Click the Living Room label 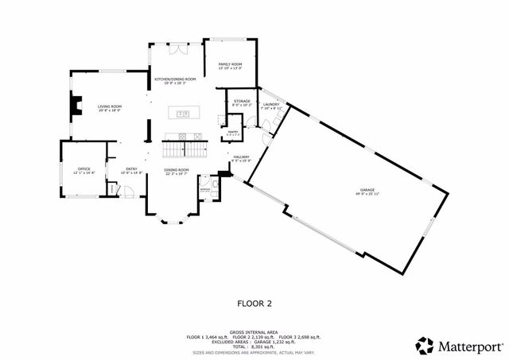click(x=110, y=107)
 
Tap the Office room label click(x=84, y=170)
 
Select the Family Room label click(x=231, y=65)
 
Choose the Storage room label click(x=242, y=103)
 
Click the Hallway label click(x=242, y=158)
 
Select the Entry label click(x=131, y=170)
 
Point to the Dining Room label click(x=177, y=171)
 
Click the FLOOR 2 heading click(x=254, y=303)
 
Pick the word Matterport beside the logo click(x=469, y=346)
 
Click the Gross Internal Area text click(x=254, y=332)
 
